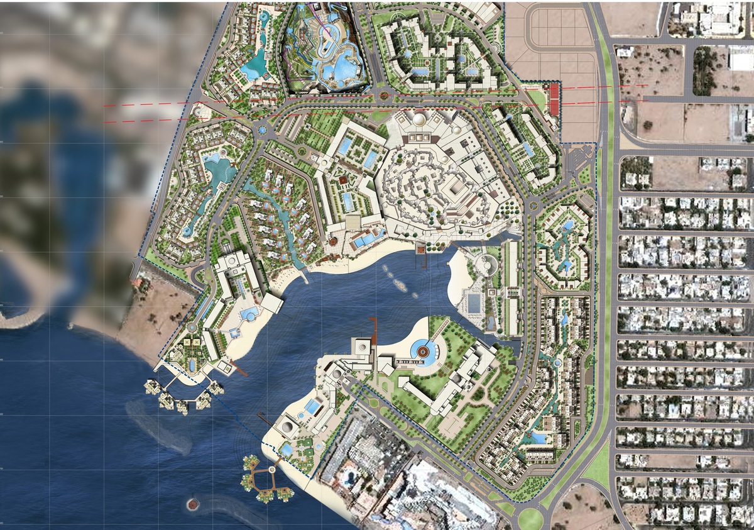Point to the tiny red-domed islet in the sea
pos(192,504)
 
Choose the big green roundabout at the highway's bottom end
pos(530,518)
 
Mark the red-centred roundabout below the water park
pos(384,96)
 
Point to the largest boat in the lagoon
pos(400,284)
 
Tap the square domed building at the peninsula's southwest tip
pos(287,428)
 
